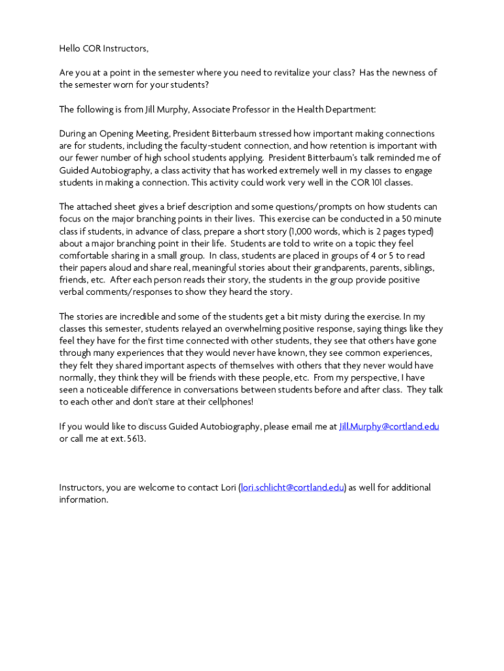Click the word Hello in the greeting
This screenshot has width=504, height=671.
70,48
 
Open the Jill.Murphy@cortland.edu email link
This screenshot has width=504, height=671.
389,427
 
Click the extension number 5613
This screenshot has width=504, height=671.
135,438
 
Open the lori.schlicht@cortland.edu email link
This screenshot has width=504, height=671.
293,488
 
